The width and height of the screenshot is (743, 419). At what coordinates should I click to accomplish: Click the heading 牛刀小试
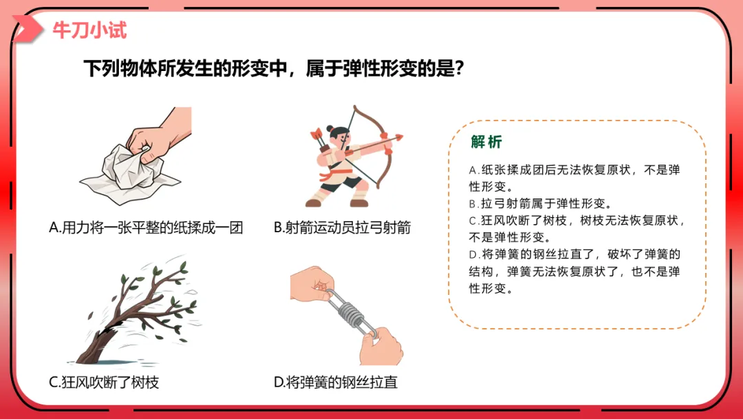tap(89, 30)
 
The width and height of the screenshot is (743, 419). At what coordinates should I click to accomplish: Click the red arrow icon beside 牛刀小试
tap(27, 29)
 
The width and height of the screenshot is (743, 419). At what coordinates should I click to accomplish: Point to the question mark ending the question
tap(458, 68)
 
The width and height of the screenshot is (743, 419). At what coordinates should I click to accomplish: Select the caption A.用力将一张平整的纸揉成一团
tap(146, 228)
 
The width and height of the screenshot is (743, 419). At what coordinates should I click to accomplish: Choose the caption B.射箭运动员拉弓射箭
tap(342, 228)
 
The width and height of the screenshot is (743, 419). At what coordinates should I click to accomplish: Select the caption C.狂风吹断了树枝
tap(104, 382)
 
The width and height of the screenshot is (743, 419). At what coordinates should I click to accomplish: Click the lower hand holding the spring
tap(381, 347)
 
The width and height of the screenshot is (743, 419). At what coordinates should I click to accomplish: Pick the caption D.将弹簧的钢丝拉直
tap(336, 382)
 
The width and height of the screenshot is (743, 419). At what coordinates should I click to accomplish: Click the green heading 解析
tap(486, 141)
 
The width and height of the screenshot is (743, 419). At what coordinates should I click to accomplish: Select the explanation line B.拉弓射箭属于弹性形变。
tap(541, 203)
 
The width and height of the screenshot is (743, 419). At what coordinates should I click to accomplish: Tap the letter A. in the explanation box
tap(474, 170)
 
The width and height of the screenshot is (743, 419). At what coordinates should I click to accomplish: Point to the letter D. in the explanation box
tap(474, 255)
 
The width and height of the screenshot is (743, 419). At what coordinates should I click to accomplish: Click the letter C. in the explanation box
tap(474, 221)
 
